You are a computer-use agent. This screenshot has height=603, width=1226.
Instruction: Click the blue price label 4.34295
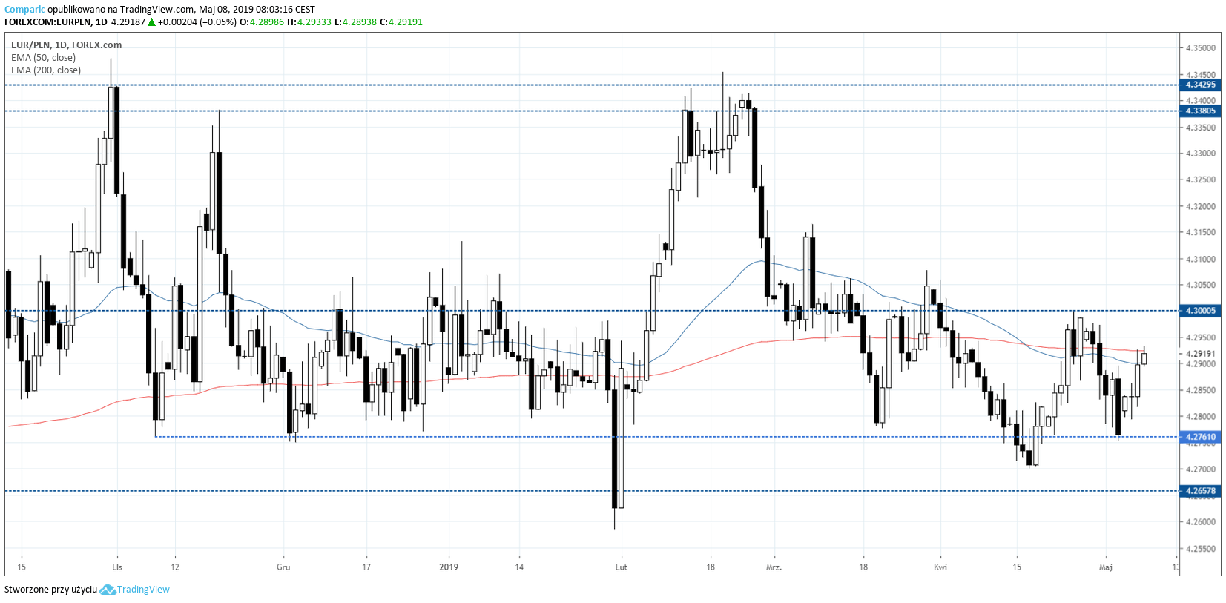[x=1200, y=85]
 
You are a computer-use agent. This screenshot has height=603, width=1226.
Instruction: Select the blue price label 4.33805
[x=1200, y=111]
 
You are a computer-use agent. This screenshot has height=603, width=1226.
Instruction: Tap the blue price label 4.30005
[x=1200, y=311]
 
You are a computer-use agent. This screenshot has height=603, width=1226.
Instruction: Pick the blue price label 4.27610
[x=1200, y=437]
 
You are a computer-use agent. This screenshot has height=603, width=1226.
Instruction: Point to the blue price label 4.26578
[x=1200, y=491]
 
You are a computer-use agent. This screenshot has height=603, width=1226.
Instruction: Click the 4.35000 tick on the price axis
[x=1200, y=48]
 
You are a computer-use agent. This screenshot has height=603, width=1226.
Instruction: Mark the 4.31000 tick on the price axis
[x=1200, y=260]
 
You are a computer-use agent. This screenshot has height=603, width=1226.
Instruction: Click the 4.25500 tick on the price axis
[x=1200, y=550]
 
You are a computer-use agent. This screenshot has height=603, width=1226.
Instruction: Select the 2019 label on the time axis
[x=449, y=567]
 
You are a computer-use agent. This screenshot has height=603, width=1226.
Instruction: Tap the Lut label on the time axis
[x=622, y=567]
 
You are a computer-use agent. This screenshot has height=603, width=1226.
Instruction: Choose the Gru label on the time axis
[x=283, y=567]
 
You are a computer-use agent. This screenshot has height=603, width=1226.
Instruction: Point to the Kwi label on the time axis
[x=940, y=567]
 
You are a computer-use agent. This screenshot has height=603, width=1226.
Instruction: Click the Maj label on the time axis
[x=1106, y=567]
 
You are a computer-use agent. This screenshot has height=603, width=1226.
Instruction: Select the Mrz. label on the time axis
[x=774, y=567]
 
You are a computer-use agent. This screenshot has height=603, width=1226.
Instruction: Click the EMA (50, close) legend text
[x=43, y=58]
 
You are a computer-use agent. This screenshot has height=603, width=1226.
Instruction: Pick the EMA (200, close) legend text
[x=46, y=70]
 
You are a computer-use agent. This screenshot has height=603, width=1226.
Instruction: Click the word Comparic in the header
[x=24, y=10]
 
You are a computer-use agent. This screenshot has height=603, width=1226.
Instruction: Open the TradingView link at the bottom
[x=142, y=590]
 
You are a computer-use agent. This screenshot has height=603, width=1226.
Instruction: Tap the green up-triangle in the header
[x=151, y=22]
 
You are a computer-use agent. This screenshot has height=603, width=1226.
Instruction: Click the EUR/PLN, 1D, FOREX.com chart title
[x=66, y=45]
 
